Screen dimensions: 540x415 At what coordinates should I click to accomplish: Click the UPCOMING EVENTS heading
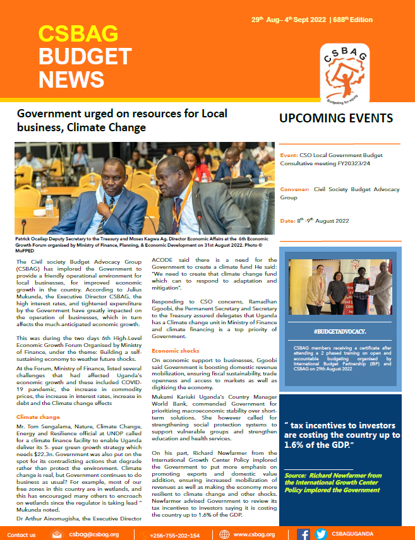pyautogui.click(x=336, y=119)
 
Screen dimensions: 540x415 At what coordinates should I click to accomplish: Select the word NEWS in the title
pyautogui.click(x=71, y=79)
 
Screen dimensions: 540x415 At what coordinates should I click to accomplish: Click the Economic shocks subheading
pyautogui.click(x=175, y=350)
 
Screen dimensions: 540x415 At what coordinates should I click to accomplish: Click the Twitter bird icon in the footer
pyautogui.click(x=320, y=534)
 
